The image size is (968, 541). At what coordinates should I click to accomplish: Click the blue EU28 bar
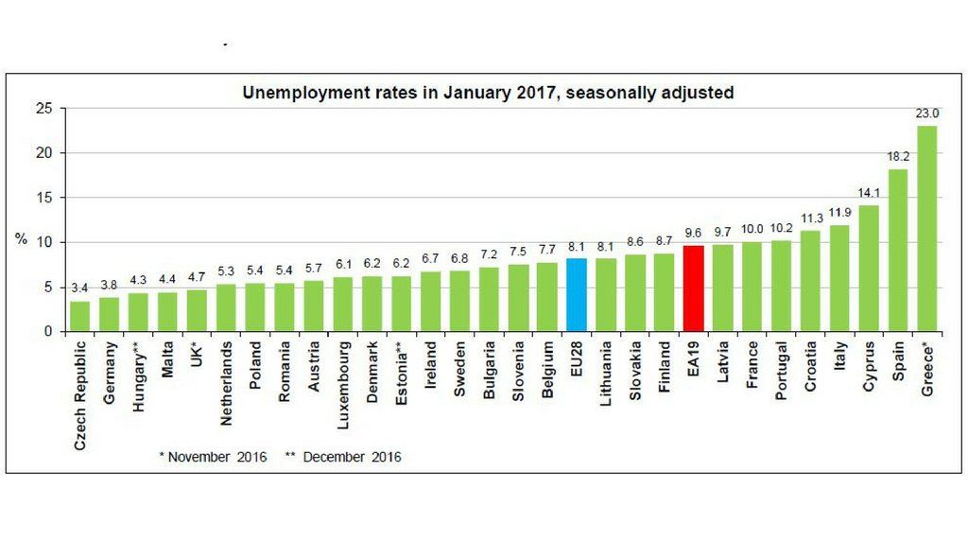576,295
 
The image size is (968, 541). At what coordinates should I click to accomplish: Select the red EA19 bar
693,288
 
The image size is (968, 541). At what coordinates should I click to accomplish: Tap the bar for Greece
927,229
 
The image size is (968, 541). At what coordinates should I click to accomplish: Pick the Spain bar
898,251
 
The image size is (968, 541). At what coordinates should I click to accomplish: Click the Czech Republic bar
81,316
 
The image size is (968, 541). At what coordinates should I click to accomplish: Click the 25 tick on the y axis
43,109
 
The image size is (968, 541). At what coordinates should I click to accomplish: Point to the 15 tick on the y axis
43,198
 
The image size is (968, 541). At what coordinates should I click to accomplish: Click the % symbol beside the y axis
21,239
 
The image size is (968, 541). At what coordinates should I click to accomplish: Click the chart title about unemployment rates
488,93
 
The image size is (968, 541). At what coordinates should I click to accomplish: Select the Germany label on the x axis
111,374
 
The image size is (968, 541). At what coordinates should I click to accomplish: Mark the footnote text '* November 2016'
213,457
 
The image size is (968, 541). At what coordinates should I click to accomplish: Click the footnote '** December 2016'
343,457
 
